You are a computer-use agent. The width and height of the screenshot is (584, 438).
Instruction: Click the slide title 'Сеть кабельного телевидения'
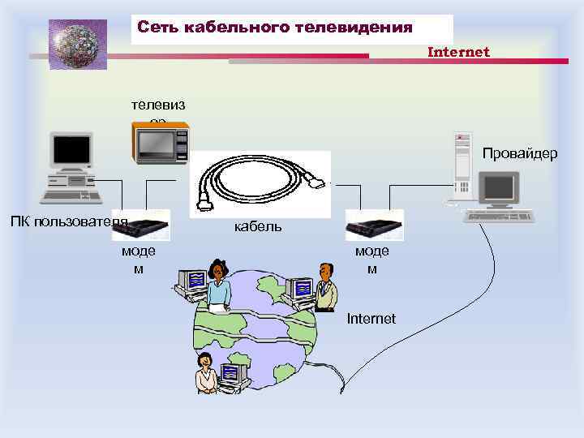[275, 28]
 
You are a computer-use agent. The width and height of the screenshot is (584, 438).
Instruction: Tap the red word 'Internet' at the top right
[458, 52]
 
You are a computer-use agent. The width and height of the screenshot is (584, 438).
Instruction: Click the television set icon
[160, 144]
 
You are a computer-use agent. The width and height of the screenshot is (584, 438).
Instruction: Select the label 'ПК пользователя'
[69, 221]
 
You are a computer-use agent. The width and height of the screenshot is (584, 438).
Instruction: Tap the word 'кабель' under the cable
[258, 226]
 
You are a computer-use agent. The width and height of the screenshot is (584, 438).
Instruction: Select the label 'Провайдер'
[520, 153]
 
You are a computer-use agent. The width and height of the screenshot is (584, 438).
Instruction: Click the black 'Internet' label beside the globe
[371, 319]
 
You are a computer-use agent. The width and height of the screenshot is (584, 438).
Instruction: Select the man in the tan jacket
[325, 287]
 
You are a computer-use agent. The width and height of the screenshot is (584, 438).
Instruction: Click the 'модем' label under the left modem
[139, 260]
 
